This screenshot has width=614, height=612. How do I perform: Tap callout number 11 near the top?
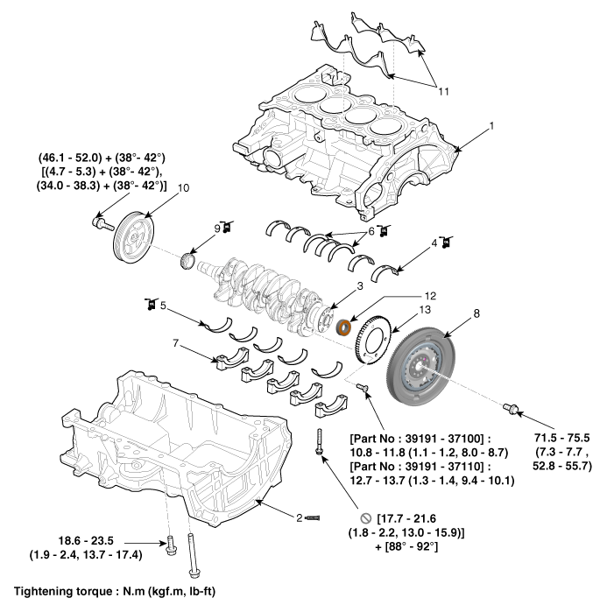[443, 90]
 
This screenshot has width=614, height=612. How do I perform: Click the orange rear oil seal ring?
[345, 328]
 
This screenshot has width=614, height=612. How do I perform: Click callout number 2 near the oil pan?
[299, 518]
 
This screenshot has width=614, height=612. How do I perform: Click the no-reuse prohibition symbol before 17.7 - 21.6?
[363, 518]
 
